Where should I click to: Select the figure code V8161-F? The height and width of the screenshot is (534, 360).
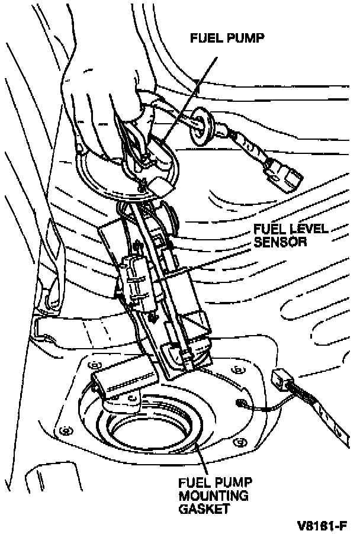point(323,525)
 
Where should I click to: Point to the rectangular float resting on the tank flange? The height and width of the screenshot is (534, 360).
point(115,384)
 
